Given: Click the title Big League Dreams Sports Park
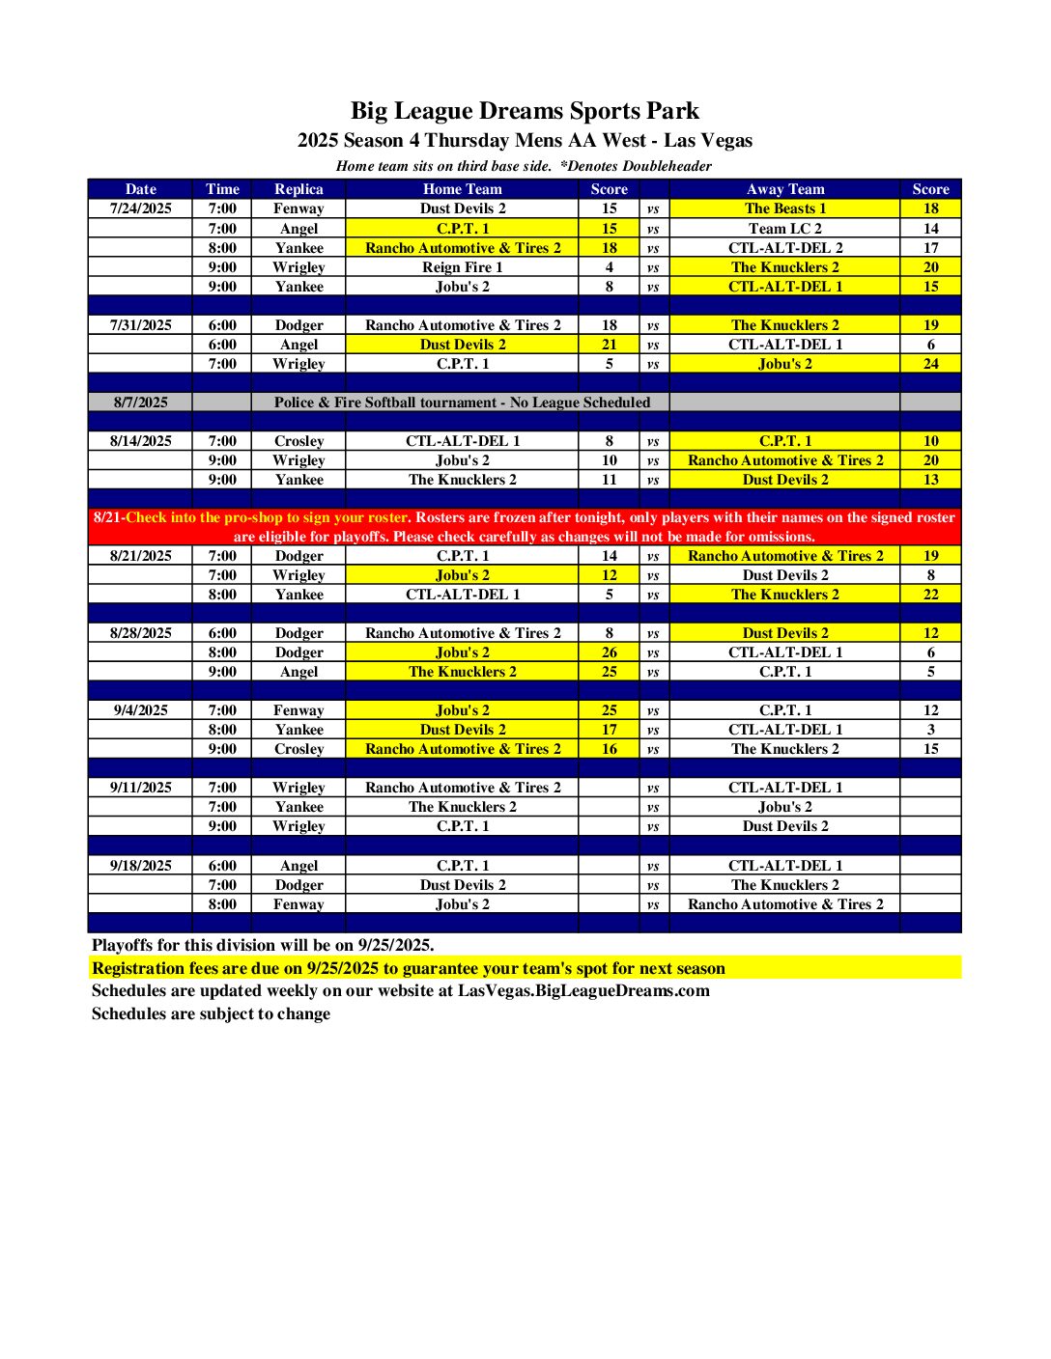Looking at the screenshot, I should point(525,111).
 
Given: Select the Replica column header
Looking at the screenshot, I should point(298,189).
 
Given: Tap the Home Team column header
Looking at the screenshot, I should point(462,189).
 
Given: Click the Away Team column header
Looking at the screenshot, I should point(784,189).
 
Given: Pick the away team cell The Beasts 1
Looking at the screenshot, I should point(784,208).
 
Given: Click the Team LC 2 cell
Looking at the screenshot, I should point(784,229).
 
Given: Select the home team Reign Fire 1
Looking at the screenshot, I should point(462,267).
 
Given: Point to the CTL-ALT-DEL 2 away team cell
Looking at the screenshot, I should point(784,248).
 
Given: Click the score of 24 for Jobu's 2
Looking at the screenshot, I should point(930,364).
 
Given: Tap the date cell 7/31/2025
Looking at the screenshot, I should point(141,325).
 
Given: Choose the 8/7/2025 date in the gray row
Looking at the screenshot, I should point(141,402).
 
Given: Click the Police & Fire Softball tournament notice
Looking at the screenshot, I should point(462,402).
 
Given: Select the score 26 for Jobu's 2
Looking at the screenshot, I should point(609,652).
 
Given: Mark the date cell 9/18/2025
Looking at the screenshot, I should point(141,866).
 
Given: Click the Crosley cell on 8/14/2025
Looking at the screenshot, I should point(298,441).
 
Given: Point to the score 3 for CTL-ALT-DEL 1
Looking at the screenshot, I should point(930,730).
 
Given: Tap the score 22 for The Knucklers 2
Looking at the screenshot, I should point(930,595).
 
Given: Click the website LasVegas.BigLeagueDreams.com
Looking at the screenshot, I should point(583,990).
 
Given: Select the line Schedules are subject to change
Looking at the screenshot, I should point(211,1013).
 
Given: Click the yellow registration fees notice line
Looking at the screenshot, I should point(409,968).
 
